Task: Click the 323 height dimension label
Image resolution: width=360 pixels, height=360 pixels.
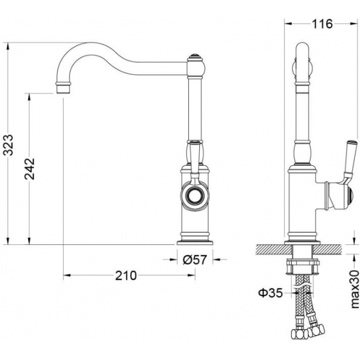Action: pyautogui.click(x=9, y=145)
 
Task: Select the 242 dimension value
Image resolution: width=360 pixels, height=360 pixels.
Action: pyautogui.click(x=30, y=169)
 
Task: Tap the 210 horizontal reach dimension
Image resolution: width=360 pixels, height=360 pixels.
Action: pyautogui.click(x=126, y=275)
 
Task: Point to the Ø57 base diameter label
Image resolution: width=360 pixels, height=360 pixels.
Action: pyautogui.click(x=195, y=260)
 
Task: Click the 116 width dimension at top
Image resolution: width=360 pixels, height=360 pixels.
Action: pyautogui.click(x=322, y=24)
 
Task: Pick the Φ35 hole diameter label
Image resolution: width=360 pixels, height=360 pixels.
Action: pyautogui.click(x=270, y=293)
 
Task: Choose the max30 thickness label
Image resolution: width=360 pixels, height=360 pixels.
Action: pyautogui.click(x=354, y=289)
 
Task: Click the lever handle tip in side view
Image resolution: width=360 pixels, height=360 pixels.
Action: pyautogui.click(x=352, y=142)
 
